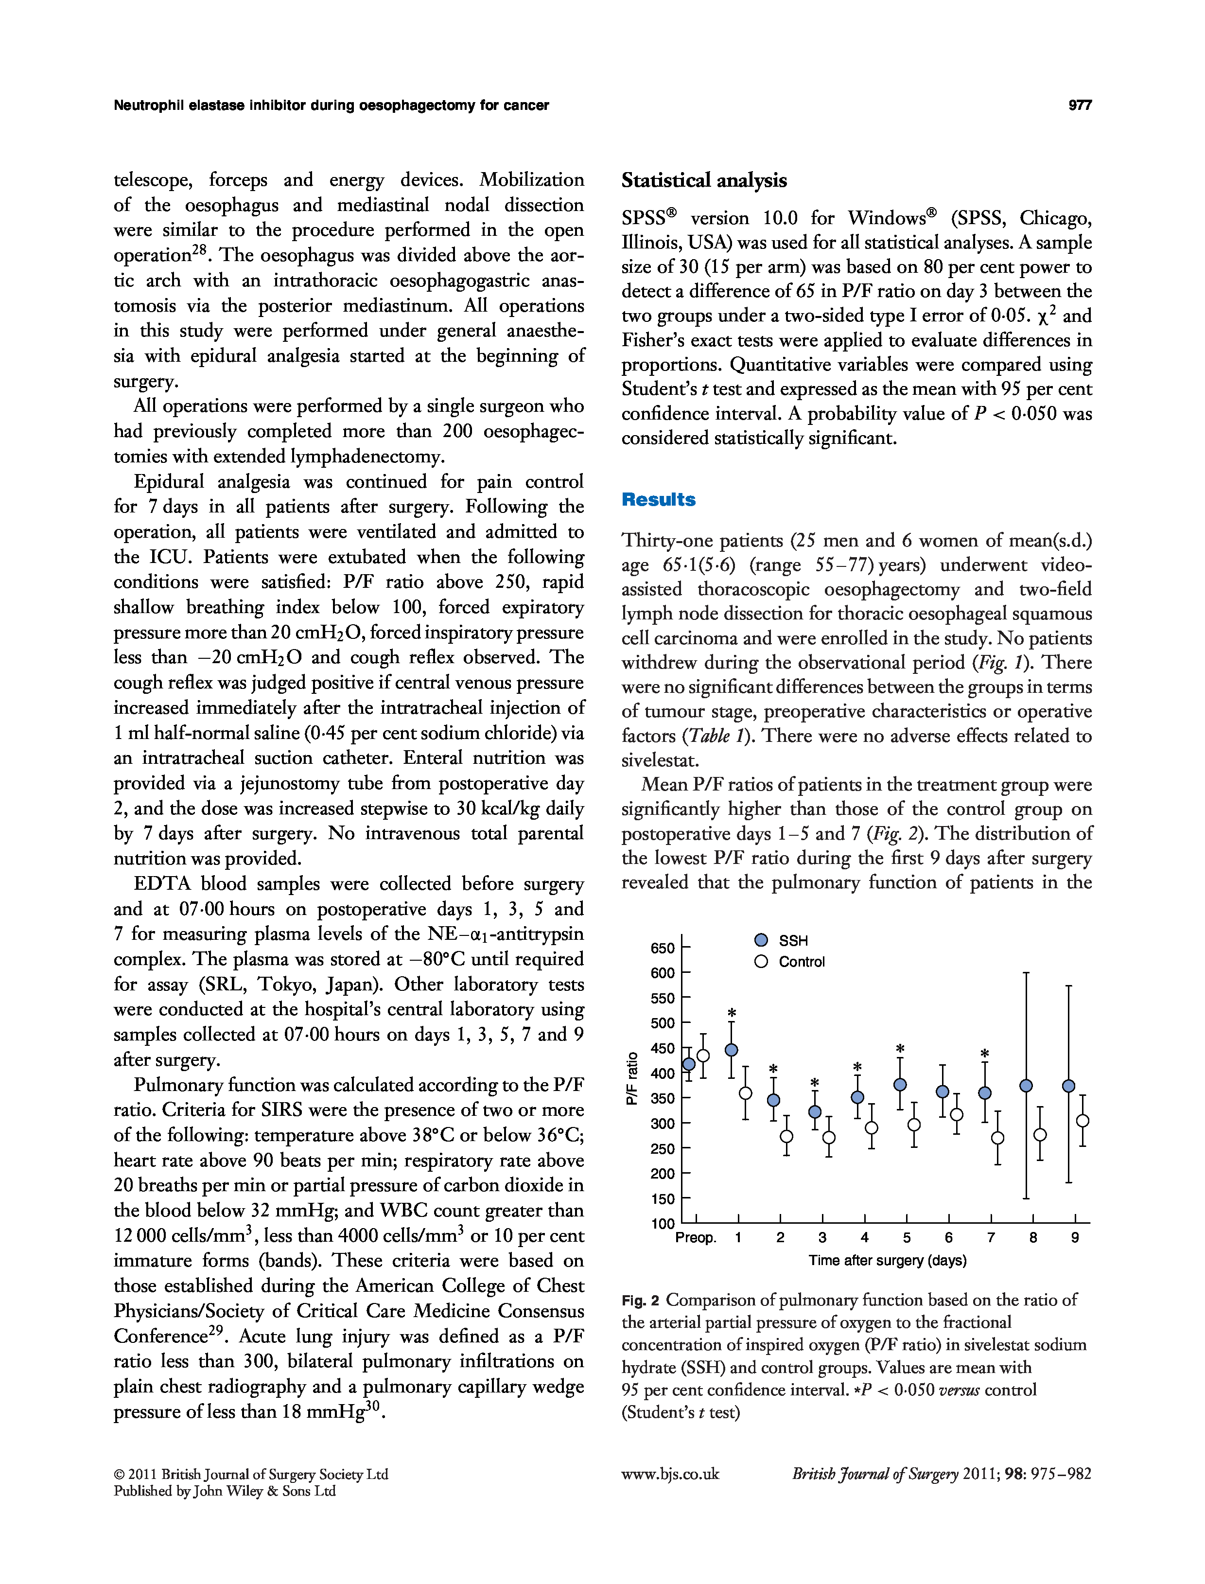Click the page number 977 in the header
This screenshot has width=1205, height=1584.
(x=1080, y=106)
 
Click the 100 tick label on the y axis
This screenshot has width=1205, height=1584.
(x=662, y=1224)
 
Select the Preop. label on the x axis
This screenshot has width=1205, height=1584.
(x=696, y=1237)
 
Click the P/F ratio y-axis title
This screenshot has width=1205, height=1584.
(x=632, y=1078)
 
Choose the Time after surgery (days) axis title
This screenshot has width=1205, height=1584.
(x=887, y=1261)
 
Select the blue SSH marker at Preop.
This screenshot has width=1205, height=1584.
(x=689, y=1064)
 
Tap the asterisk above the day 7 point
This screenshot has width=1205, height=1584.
(x=985, y=1053)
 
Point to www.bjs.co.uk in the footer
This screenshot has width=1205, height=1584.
(x=670, y=1474)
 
